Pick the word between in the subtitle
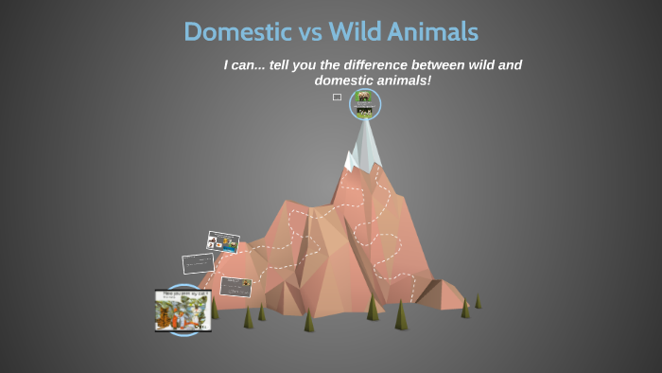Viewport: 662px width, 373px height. point(444,65)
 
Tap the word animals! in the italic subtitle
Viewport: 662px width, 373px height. point(404,80)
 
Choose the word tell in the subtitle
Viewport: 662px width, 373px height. point(284,65)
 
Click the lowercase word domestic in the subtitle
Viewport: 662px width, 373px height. point(344,80)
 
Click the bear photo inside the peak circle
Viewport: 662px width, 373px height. point(364,98)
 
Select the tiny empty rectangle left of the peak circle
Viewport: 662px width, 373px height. point(337,97)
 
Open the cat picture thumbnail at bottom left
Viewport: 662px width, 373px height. point(183,310)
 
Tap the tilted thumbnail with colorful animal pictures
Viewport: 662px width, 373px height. point(223,242)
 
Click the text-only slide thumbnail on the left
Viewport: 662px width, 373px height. point(199,263)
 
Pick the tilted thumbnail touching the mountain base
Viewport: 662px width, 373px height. point(235,285)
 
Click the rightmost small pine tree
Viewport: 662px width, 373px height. point(478,301)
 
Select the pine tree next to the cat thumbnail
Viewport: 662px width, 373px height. point(215,308)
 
